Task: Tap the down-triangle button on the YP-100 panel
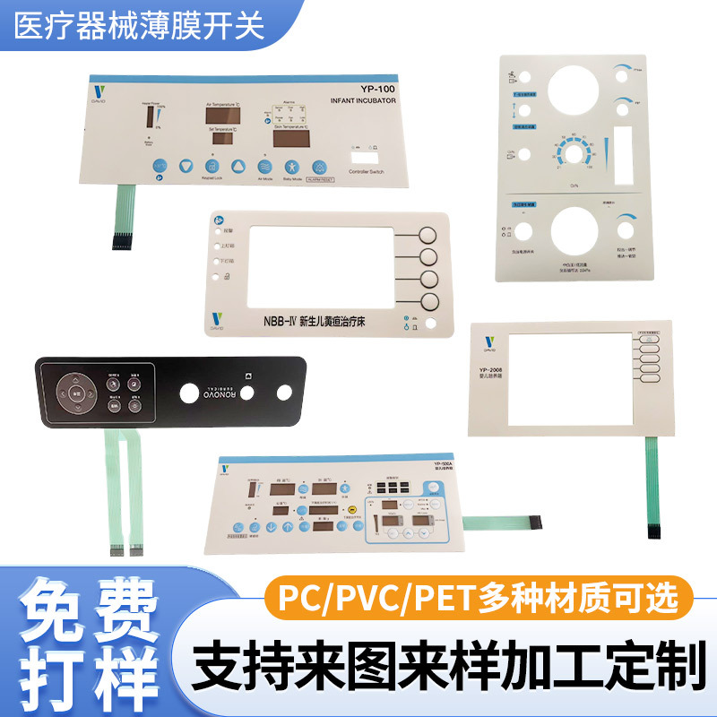[x=186, y=166]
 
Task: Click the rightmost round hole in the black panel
[x=285, y=392]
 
